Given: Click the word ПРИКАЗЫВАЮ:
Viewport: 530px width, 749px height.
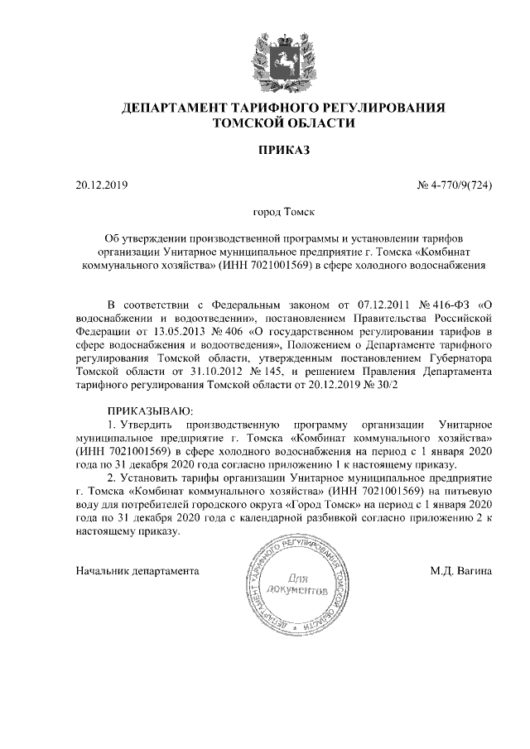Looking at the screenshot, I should pyautogui.click(x=150, y=411).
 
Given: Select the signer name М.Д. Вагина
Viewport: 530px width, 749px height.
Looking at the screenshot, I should pyautogui.click(x=461, y=571).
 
